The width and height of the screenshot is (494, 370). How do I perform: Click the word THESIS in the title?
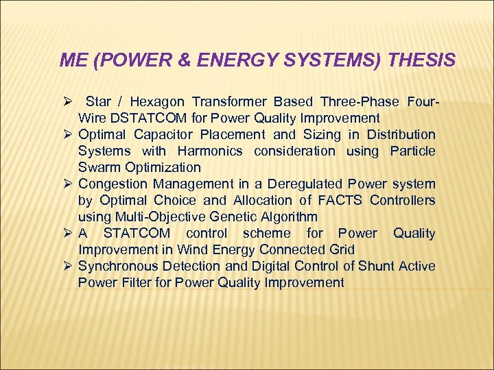421,61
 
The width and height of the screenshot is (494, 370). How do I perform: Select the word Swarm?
97,167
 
